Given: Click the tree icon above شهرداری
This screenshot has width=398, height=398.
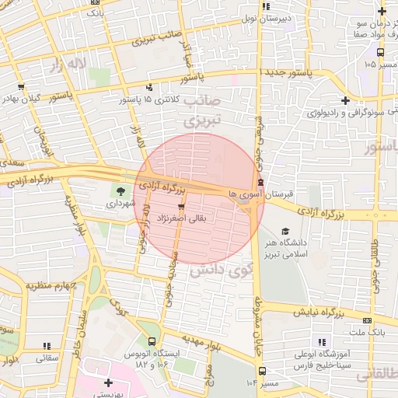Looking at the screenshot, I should click(120, 190).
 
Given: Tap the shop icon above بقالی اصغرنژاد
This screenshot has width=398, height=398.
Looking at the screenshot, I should click(181, 207).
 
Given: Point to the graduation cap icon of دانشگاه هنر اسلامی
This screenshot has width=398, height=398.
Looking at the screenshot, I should click(285, 231).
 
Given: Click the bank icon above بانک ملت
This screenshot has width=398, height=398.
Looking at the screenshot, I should click(367, 320).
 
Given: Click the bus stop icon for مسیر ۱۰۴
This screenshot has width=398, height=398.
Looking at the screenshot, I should click(262, 371).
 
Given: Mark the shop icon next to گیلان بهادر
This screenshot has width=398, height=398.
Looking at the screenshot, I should click(21, 87).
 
